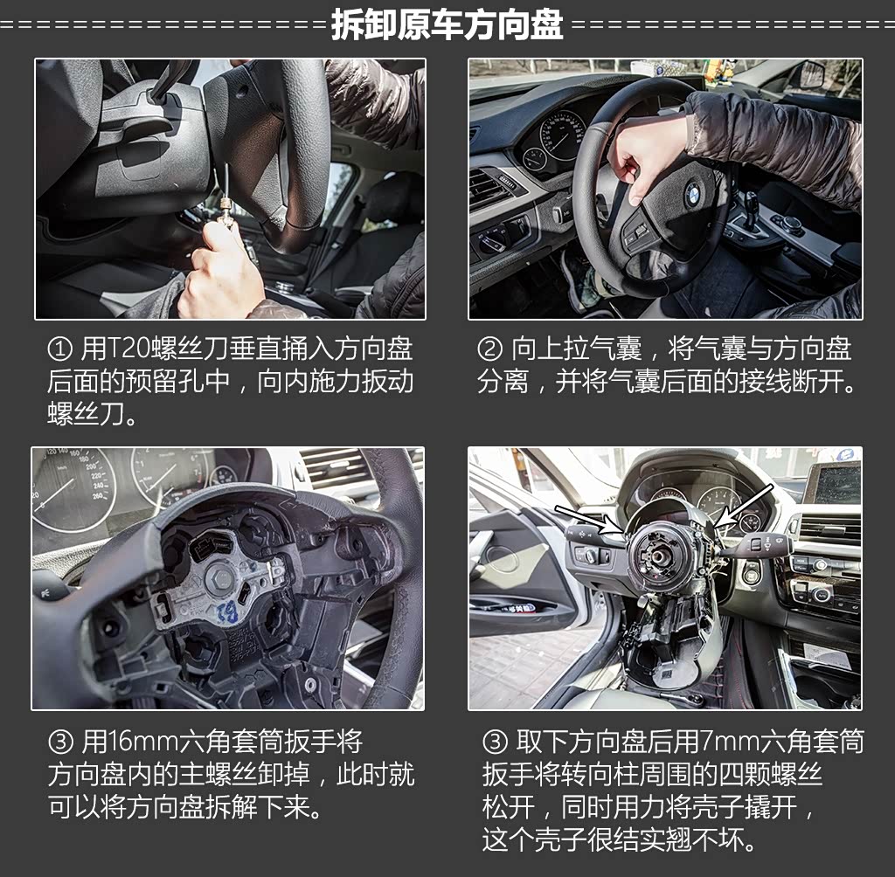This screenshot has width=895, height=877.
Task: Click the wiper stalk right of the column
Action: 753,544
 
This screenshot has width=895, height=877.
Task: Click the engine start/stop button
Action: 753,572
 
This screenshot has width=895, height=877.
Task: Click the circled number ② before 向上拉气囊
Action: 489,349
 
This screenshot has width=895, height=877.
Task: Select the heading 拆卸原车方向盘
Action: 447,24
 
